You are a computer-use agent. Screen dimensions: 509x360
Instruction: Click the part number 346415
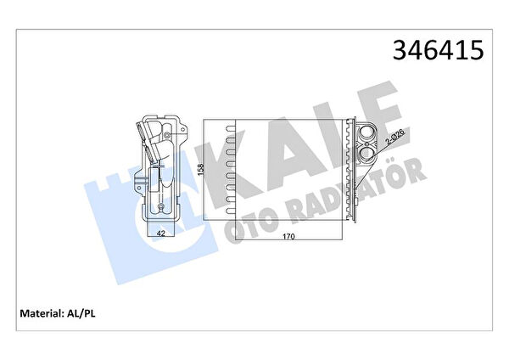point(438,50)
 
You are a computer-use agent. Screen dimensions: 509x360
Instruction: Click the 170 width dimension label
point(288,237)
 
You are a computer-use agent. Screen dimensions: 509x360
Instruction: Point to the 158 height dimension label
point(201,170)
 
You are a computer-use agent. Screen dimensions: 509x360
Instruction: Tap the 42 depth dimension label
point(160,233)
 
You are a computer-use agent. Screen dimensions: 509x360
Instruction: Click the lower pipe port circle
point(366,154)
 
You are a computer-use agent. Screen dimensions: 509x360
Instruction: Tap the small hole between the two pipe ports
point(366,143)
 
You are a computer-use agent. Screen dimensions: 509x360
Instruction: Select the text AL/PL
point(81,313)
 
